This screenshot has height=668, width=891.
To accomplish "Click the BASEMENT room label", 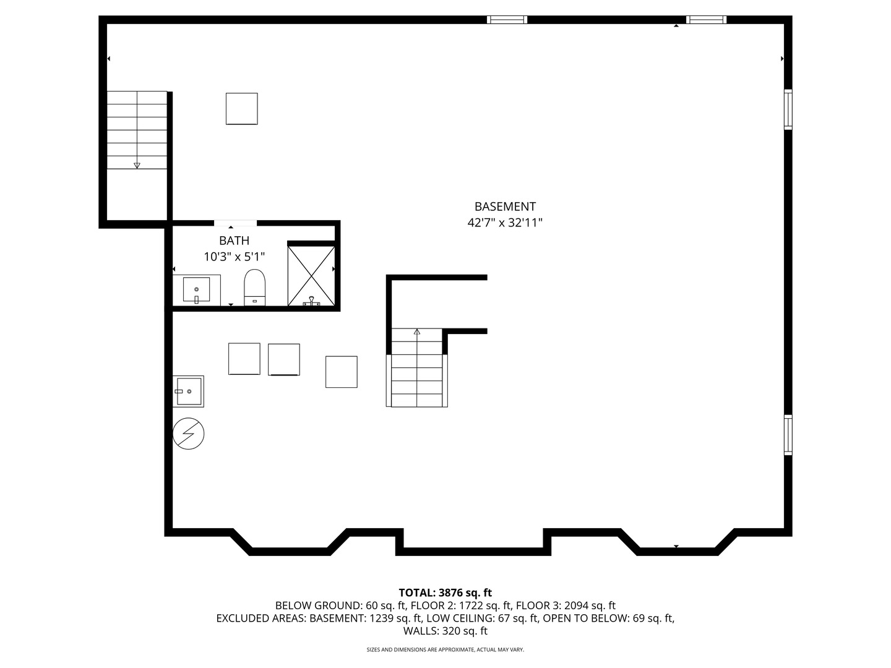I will (505, 207).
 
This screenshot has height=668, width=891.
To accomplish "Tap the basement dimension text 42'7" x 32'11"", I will (505, 223).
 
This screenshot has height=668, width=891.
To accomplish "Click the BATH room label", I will (235, 241).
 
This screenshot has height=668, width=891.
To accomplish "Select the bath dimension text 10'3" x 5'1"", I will (235, 256).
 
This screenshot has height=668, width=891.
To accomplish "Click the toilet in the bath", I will (254, 287).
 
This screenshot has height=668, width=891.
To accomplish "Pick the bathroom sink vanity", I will (196, 290).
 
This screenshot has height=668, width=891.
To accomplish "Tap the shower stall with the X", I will (311, 275).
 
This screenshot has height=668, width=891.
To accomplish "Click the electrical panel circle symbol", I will (188, 434).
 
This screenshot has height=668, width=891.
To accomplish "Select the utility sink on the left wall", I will (188, 391).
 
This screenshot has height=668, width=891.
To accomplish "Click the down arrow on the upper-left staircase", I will (137, 165).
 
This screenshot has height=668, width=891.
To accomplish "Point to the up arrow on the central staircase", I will (417, 332).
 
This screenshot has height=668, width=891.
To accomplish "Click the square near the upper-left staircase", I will (241, 109).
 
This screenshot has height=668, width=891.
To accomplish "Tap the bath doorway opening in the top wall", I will (235, 223).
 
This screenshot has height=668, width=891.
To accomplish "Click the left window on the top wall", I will (507, 20).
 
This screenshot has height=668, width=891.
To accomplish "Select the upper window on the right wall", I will (788, 109).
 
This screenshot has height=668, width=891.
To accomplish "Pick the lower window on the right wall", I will (788, 435).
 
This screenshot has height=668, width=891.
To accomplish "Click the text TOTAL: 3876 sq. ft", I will (445, 593).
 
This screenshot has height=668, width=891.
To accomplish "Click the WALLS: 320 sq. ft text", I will (445, 631).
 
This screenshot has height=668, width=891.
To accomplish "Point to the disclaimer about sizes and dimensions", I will (445, 649).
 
